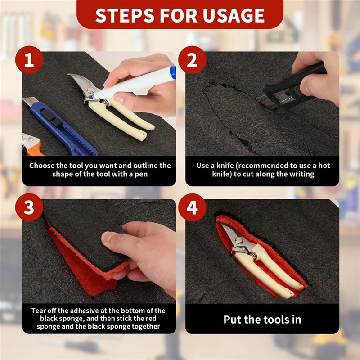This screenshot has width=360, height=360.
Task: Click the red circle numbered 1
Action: (x=29, y=60)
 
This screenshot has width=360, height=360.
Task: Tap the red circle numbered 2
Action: (x=193, y=60)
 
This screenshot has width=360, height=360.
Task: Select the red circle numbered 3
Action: (x=29, y=207)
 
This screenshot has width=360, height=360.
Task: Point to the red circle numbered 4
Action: (x=193, y=207)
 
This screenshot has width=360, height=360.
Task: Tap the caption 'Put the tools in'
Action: (x=262, y=319)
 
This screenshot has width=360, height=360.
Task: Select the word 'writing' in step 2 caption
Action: (x=300, y=174)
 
